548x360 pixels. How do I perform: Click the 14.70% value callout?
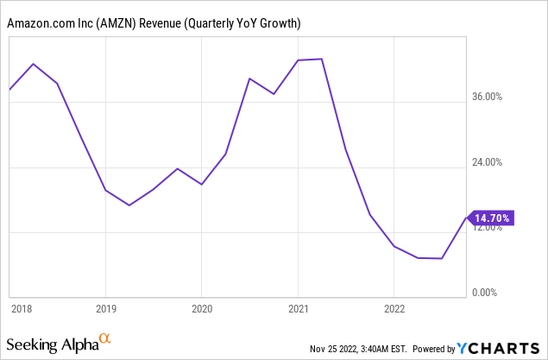coord(491,218)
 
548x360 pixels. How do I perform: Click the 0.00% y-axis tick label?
coord(496,293)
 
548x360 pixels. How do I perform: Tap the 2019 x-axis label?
coord(105,308)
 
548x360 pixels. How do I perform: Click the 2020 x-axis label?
coord(201,308)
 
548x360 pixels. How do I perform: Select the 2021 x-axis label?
coord(298,308)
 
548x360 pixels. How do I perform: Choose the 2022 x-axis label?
coord(394,308)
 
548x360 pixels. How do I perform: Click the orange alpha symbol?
coord(105,339)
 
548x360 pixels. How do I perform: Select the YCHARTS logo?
coord(500,348)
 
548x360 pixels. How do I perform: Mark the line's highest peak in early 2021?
coord(322,59)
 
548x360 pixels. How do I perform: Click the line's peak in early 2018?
coord(34,64)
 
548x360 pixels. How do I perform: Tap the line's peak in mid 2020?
coord(249,79)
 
